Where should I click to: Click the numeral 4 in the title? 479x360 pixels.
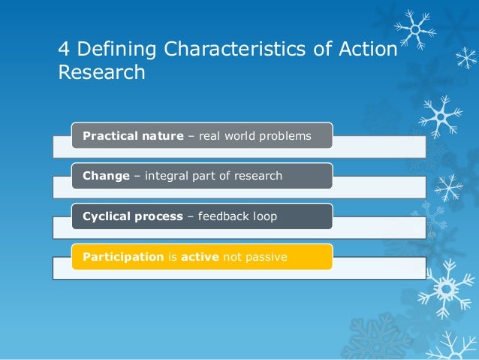click(64, 50)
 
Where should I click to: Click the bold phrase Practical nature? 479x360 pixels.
click(133, 136)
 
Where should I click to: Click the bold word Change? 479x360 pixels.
click(106, 176)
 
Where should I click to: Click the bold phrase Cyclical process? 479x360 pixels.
click(133, 216)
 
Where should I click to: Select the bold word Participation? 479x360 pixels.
click(123, 257)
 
